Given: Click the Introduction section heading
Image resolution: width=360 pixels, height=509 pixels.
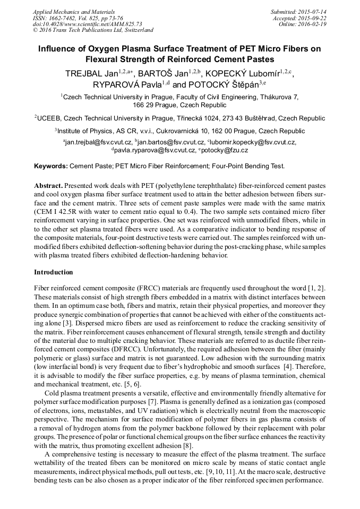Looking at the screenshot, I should coord(54,272).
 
